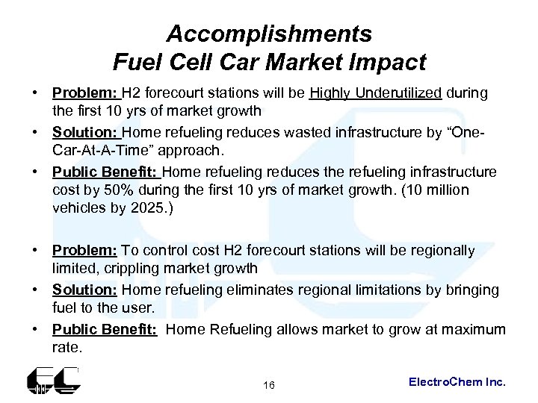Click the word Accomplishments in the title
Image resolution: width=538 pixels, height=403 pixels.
click(x=268, y=34)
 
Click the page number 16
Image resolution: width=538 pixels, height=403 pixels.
click(x=269, y=385)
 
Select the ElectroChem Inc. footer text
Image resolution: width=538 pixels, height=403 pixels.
click(x=457, y=381)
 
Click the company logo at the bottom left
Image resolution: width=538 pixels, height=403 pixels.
click(x=53, y=382)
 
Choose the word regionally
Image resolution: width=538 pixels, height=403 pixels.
click(x=437, y=250)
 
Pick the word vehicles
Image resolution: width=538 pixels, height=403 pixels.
click(x=77, y=207)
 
